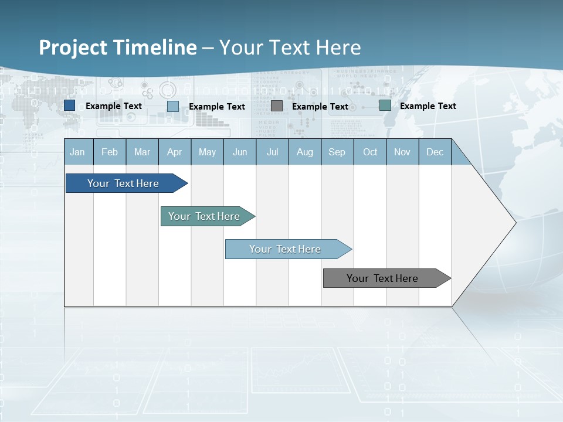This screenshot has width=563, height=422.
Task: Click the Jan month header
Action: point(77,152)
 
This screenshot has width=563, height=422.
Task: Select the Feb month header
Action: point(110,152)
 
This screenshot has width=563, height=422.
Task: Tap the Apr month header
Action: point(174,152)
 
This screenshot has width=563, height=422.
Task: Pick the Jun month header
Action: point(240,152)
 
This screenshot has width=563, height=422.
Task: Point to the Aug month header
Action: point(305,152)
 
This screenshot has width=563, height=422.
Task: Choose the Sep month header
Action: point(337,152)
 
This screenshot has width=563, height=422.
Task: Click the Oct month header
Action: point(370,152)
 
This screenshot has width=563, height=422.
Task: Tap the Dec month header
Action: point(435,152)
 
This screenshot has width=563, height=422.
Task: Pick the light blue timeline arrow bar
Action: point(286,249)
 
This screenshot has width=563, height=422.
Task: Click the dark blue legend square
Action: point(70,105)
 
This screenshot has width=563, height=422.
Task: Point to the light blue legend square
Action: point(173,106)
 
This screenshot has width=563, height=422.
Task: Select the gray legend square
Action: point(277,106)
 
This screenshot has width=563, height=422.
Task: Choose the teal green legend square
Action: point(385,105)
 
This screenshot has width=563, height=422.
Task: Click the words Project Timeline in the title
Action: point(117,47)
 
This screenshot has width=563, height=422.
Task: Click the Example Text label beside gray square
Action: point(320,107)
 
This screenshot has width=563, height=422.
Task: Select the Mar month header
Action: point(142,152)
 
